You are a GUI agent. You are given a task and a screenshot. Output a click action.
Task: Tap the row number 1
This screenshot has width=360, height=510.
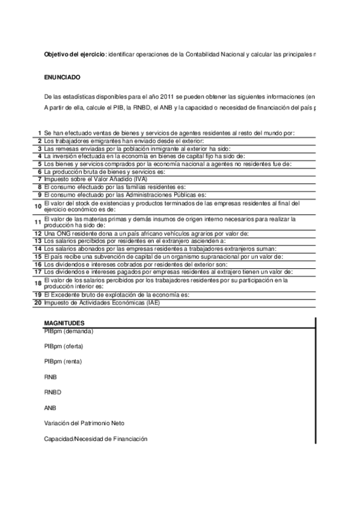[39, 132]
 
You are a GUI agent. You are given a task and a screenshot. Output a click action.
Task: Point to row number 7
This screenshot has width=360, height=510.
[39, 179]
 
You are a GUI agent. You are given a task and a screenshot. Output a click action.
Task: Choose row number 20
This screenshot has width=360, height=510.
[38, 303]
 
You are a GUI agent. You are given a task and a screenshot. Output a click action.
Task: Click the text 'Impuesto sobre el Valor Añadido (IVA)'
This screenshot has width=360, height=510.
[96, 179]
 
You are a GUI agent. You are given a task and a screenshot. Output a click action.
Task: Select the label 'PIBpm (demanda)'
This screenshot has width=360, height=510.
[69, 331]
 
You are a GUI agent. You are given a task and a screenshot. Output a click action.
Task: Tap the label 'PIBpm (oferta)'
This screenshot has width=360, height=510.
[64, 346]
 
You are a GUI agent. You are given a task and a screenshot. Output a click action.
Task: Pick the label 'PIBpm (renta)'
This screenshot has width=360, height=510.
[63, 361]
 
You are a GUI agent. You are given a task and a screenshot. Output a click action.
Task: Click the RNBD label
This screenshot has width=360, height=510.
[53, 392]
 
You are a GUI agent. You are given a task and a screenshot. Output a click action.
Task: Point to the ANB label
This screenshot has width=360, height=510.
[50, 408]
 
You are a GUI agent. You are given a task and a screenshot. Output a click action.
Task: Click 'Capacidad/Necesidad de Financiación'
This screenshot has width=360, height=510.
[96, 439]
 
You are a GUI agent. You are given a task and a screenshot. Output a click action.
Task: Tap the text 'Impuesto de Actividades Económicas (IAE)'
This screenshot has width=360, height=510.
[102, 303]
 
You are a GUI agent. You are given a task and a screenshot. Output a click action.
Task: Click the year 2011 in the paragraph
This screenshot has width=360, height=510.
[151, 96]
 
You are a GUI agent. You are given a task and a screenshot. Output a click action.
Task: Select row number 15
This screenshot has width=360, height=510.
[38, 256]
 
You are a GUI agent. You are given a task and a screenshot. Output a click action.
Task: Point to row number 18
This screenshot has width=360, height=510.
[38, 283]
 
